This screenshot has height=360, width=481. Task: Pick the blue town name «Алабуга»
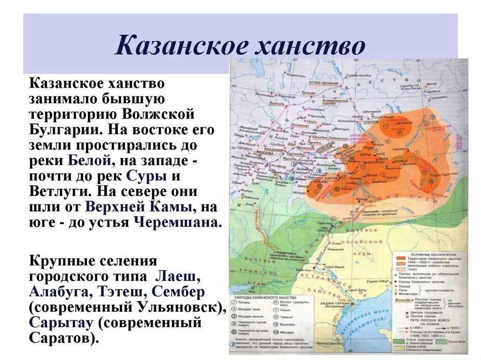point(60,292)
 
